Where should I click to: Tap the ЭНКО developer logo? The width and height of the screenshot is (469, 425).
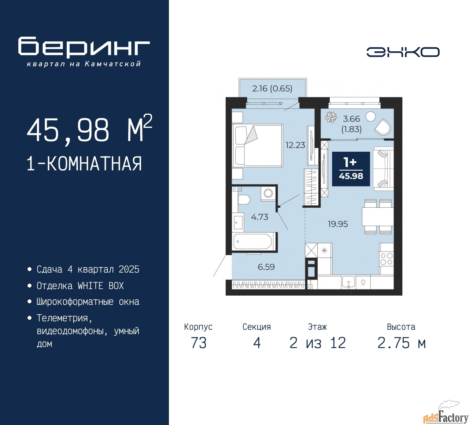pos(403,52)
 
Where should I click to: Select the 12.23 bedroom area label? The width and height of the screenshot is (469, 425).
pos(295,145)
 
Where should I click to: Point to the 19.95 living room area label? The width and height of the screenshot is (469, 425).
pos(338,224)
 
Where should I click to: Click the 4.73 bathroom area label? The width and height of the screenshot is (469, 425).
pos(259,217)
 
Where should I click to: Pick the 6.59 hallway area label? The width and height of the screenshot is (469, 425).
pos(266,267)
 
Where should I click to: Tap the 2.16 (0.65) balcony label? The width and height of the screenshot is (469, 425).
pos(272,89)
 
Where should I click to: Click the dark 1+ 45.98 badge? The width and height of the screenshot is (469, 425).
pos(351,169)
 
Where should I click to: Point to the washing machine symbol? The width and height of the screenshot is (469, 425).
pos(268,193)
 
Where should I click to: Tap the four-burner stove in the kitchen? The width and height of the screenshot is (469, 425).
pos(386,259)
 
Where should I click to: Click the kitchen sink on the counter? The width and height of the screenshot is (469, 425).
pos(348,282)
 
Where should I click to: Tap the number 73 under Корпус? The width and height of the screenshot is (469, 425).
pos(199,343)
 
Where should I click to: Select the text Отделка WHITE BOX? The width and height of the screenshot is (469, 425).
pos(80,286)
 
